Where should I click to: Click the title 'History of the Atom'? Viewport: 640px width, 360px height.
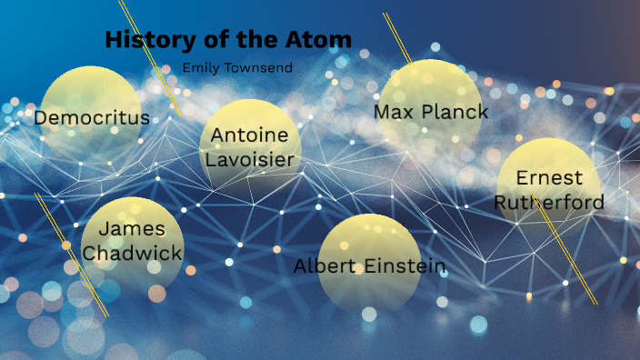tap(228, 39)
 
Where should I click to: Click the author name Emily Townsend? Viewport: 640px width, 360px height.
tap(237, 67)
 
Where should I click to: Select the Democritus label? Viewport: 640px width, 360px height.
tap(92, 117)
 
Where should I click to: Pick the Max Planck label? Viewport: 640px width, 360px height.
tap(431, 112)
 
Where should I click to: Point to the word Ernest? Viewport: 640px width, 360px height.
tap(549, 178)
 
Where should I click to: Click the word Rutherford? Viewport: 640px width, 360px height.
tap(549, 202)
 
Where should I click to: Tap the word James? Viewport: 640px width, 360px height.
tap(133, 228)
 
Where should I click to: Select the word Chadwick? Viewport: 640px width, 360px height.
tap(133, 253)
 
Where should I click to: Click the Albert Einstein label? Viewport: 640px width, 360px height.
tap(369, 265)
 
